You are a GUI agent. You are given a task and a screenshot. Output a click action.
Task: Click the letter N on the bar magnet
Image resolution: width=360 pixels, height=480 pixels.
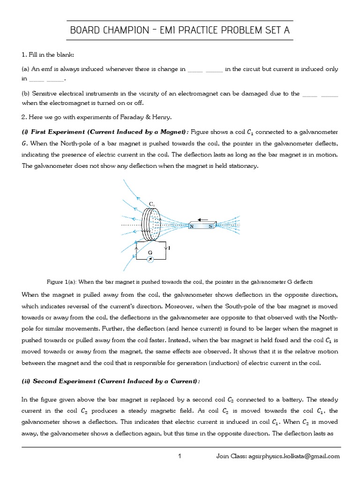click(192, 226)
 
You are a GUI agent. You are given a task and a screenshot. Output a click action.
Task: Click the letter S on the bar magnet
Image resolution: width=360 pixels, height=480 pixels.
click(210, 226)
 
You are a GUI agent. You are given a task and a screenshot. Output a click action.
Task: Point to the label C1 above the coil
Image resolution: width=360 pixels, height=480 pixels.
click(152, 203)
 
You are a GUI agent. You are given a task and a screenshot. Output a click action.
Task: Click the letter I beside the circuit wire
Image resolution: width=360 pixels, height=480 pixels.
click(169, 247)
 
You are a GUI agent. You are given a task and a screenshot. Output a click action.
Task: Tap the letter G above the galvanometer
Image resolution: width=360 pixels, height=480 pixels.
click(150, 252)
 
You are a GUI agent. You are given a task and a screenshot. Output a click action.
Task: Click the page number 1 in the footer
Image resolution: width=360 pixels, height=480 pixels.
click(180, 456)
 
